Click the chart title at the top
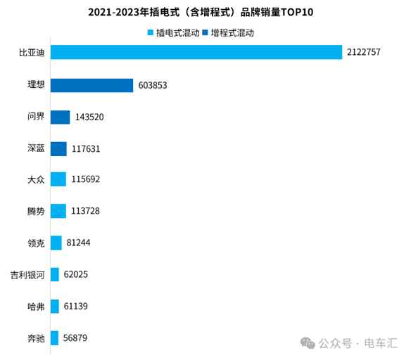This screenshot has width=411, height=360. click(205, 12)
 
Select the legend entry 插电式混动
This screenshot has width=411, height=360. click(172, 32)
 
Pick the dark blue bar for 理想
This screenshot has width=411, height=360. click(91, 85)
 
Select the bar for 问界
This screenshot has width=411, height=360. click(61, 117)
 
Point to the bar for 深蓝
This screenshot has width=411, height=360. click(58, 148)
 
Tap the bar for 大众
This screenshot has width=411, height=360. click(58, 179)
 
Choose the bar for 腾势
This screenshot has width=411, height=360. click(58, 211)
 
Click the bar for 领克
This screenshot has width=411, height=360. click(56, 243)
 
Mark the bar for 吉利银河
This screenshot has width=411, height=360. click(55, 274)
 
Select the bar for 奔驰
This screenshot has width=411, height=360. click(55, 338)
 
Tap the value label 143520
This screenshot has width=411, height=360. click(89, 117)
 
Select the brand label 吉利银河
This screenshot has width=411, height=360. click(27, 274)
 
